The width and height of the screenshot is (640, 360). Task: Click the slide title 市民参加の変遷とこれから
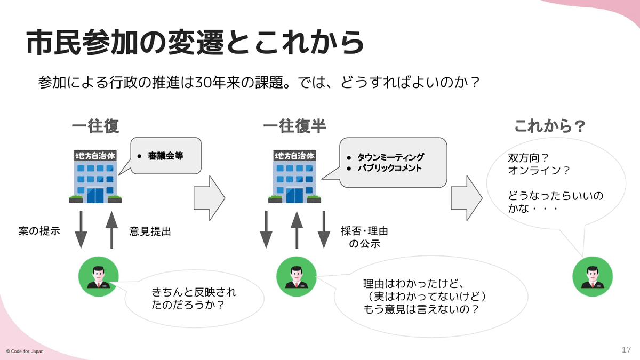coord(195,42)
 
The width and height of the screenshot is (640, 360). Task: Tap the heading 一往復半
coord(294,126)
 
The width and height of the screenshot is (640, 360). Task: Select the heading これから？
coord(550,126)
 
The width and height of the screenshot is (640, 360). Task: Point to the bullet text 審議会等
coord(166,156)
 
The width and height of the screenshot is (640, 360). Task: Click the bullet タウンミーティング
coord(391,157)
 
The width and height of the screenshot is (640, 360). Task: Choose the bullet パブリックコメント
coord(390,168)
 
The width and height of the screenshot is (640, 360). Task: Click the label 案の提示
coord(39,231)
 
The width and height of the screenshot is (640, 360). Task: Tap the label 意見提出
coord(150,231)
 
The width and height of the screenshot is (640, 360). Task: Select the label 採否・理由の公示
coord(365,237)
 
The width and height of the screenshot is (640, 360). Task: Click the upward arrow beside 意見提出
coord(111,230)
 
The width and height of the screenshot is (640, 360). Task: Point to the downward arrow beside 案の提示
coord(81,230)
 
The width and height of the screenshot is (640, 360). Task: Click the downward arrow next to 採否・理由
coord(324,230)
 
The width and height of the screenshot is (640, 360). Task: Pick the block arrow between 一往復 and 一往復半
coord(210,198)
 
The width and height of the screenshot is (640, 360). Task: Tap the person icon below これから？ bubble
coord(593,276)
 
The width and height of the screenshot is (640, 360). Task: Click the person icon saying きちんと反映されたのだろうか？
coord(99,276)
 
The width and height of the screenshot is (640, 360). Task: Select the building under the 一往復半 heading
coord(294,177)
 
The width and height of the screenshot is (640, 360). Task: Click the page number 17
coord(626,350)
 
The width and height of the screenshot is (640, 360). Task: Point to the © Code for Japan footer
coord(25,351)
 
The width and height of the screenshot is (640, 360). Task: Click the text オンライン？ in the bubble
coord(539,171)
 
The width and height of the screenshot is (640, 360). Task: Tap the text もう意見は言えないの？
coord(421,309)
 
